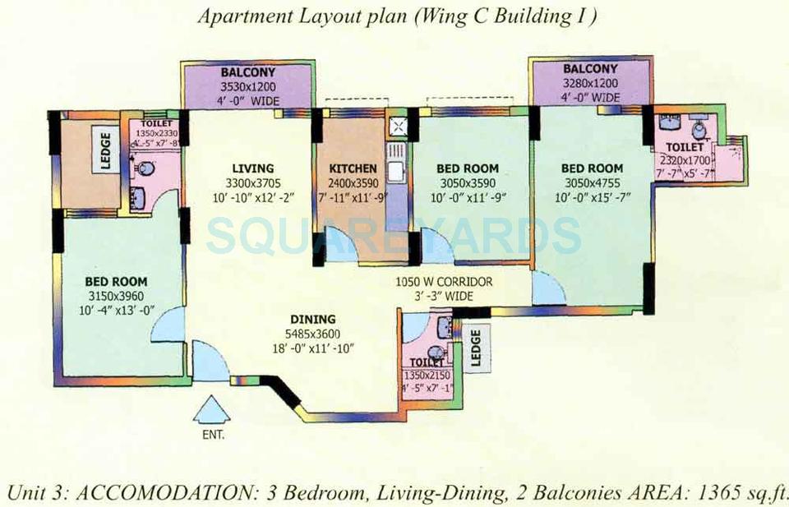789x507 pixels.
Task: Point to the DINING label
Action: click(312, 320)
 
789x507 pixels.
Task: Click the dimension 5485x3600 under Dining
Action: click(312, 334)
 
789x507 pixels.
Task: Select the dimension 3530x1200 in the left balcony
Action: click(247, 85)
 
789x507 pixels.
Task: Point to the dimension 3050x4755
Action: click(593, 182)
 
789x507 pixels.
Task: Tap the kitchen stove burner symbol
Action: click(397, 127)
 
